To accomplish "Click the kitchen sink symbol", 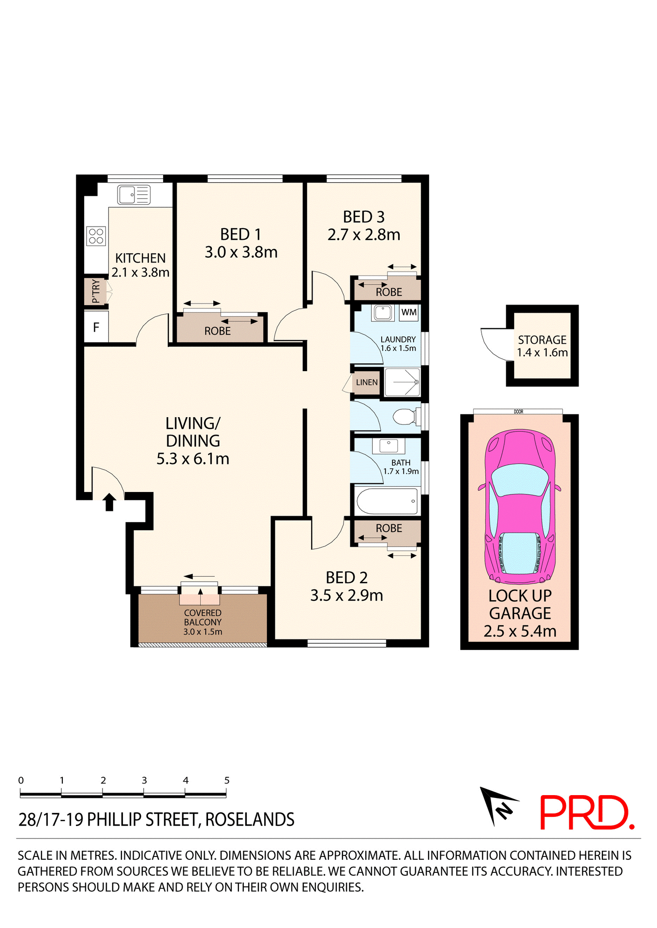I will [134, 195].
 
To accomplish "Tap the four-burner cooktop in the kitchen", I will [96, 236].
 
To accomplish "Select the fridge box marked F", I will [96, 327].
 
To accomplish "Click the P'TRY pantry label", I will [96, 291].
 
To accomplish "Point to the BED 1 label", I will [240, 234].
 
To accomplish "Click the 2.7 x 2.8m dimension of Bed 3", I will [364, 235].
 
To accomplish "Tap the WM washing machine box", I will [409, 312].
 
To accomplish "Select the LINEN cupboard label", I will [367, 382].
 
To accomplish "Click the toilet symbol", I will [405, 417].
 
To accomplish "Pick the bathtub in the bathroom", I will [387, 501].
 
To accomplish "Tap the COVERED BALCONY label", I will [203, 618].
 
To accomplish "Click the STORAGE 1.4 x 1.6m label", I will [542, 346].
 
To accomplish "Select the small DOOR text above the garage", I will [519, 412].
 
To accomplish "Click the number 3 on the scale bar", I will [144, 781].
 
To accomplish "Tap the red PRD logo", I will [586, 813].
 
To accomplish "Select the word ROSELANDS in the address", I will [250, 820].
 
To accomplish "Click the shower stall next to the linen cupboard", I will [403, 382].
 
